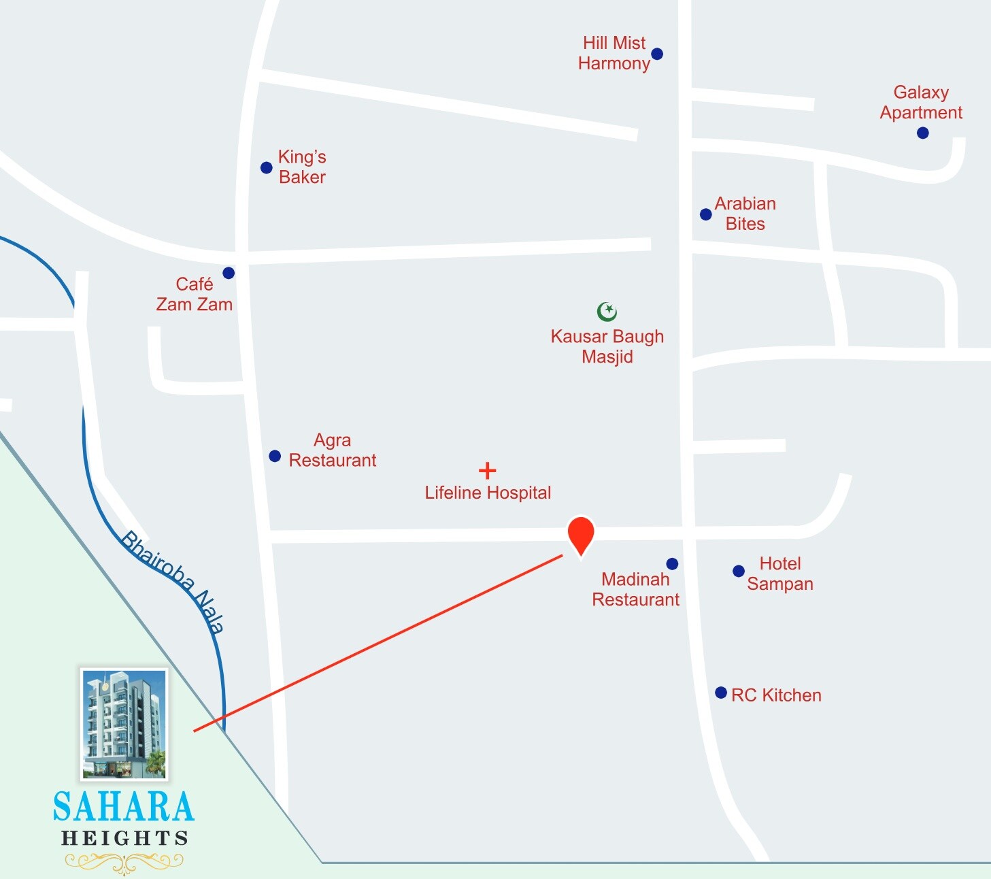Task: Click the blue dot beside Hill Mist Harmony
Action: (657, 54)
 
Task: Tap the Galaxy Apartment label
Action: (921, 102)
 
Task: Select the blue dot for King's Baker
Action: (267, 167)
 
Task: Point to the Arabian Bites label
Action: (745, 214)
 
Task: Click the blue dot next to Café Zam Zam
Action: (229, 273)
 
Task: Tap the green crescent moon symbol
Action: (607, 312)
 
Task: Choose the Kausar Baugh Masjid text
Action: (607, 346)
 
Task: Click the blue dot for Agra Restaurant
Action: (275, 456)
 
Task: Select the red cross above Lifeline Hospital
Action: (488, 470)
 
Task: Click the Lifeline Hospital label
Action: (488, 493)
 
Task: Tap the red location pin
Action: (581, 534)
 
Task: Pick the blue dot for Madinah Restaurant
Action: (672, 563)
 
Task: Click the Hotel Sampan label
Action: (780, 574)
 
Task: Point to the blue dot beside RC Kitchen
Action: (721, 693)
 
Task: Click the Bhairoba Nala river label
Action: (173, 580)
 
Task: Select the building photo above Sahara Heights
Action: (124, 724)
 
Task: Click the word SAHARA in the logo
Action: (124, 807)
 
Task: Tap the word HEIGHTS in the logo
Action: (124, 838)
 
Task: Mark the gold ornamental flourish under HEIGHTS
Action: (124, 863)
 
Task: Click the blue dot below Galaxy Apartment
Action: (923, 133)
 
